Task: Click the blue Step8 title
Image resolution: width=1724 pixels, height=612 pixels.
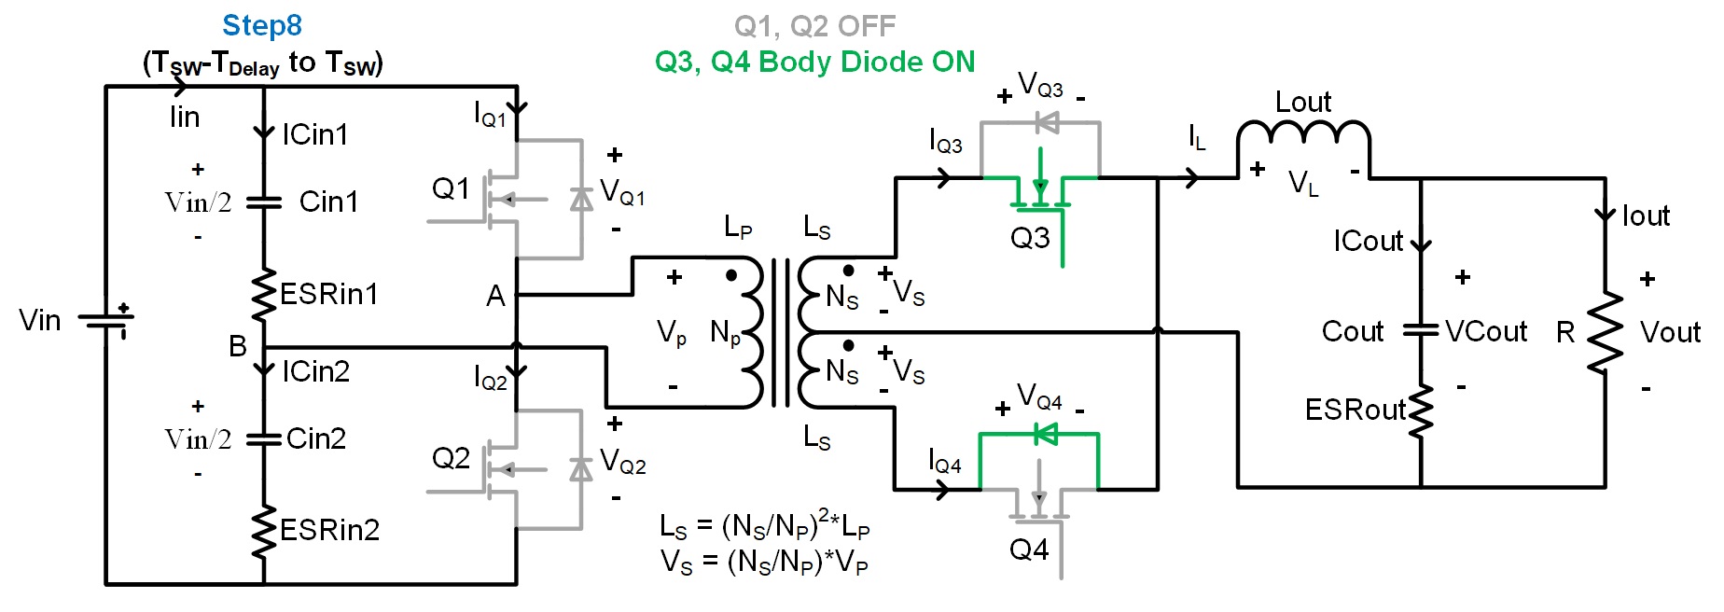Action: pyautogui.click(x=262, y=25)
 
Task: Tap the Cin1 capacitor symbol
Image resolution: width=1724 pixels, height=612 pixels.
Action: pyautogui.click(x=264, y=202)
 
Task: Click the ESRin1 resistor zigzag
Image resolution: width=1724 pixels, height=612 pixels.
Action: pyautogui.click(x=264, y=295)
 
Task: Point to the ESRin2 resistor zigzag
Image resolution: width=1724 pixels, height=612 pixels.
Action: pyautogui.click(x=264, y=531)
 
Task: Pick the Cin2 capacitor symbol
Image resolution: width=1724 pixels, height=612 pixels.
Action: pyautogui.click(x=264, y=438)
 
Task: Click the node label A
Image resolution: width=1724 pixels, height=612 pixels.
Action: pyautogui.click(x=495, y=297)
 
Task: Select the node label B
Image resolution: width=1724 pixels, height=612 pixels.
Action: pyautogui.click(x=238, y=346)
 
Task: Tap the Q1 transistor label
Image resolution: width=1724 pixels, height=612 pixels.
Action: pyautogui.click(x=451, y=189)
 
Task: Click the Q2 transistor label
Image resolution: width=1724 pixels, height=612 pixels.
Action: pyautogui.click(x=451, y=458)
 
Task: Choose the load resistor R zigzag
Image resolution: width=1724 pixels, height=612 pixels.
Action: pyautogui.click(x=1605, y=333)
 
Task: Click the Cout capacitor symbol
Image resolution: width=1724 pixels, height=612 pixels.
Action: pyautogui.click(x=1421, y=330)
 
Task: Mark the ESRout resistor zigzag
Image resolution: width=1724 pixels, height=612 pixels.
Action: pyautogui.click(x=1421, y=410)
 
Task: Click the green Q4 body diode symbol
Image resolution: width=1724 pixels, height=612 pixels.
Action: pyautogui.click(x=1045, y=434)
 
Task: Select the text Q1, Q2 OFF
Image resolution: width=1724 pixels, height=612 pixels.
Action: pyautogui.click(x=814, y=26)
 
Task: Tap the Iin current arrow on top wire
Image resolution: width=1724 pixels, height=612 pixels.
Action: pyautogui.click(x=180, y=87)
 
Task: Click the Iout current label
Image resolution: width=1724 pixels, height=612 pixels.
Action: pyautogui.click(x=1646, y=216)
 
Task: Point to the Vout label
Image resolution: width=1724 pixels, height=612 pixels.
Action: pyautogui.click(x=1670, y=332)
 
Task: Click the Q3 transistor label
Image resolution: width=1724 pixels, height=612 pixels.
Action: pyautogui.click(x=1030, y=238)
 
